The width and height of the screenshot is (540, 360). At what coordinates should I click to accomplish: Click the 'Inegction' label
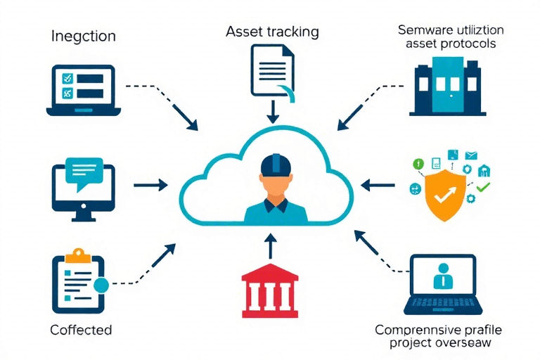[84, 36]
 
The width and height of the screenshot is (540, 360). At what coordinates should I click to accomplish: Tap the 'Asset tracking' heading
[272, 32]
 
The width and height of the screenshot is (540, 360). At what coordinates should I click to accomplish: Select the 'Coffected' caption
[81, 329]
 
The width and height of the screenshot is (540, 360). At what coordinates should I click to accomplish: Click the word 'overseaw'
[462, 343]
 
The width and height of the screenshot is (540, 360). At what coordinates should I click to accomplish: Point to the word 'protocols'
[464, 44]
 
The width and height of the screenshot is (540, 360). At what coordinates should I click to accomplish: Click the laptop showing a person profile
[442, 283]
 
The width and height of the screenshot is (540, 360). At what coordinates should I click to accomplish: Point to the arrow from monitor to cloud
[150, 185]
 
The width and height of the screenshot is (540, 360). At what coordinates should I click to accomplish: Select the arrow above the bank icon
[270, 245]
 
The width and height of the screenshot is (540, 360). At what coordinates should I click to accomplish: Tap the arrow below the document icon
[271, 110]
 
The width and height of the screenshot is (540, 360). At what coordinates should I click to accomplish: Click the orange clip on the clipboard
[78, 252]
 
